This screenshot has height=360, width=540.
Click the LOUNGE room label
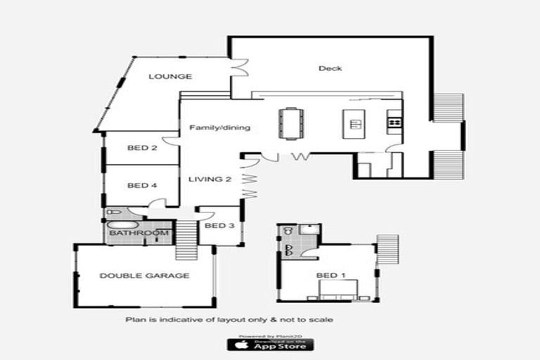click(x=170, y=77)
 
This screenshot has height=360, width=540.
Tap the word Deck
click(x=330, y=68)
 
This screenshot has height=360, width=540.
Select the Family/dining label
click(x=220, y=128)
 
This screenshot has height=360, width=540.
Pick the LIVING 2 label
click(x=210, y=180)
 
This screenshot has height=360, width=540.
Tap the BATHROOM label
click(x=139, y=233)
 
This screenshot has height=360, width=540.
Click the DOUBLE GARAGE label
click(x=144, y=276)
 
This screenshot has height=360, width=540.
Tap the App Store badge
click(x=270, y=345)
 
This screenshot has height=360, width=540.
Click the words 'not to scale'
click(x=310, y=320)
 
